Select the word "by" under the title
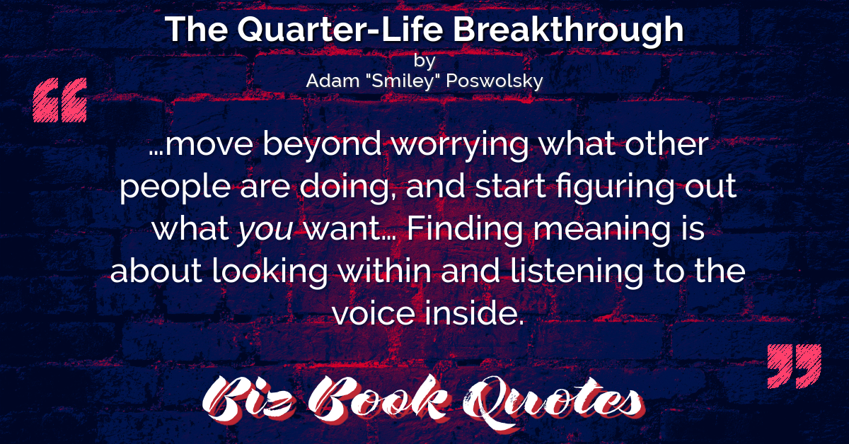424,62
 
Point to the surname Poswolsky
495,81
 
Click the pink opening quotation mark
60,100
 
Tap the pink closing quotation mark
795,366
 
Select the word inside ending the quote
474,313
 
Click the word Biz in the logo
248,400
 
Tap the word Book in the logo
379,399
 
